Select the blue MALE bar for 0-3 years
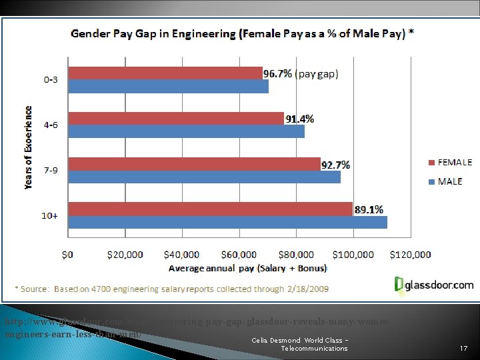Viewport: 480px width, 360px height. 168,87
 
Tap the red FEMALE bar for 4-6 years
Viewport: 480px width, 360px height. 176,119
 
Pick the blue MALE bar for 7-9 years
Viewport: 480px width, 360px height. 204,177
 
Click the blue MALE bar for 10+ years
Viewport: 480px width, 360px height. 227,222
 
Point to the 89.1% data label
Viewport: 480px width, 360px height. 369,209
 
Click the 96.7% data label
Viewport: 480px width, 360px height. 278,74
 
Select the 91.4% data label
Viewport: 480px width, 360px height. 300,119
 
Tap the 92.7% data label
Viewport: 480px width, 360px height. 335,165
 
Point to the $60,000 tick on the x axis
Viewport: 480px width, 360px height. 239,255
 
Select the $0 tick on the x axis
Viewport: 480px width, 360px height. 68,255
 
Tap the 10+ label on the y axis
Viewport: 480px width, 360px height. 51,216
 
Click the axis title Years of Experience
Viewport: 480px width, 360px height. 29,147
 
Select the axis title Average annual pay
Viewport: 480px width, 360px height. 247,269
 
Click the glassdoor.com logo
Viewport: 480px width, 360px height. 434,285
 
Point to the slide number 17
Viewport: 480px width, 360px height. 464,349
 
